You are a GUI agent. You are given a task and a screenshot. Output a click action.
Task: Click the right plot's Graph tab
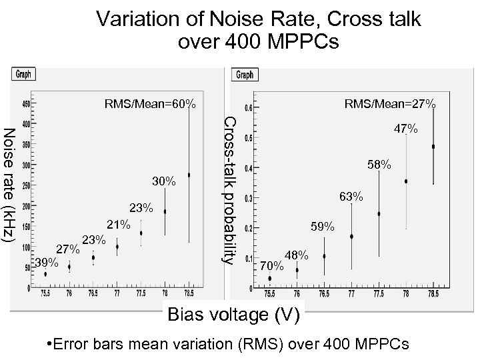[245, 75]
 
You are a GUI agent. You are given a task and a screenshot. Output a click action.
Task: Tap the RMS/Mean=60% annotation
[150, 104]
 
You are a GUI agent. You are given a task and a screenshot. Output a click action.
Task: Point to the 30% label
[164, 181]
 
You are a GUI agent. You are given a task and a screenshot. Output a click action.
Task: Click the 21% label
[119, 225]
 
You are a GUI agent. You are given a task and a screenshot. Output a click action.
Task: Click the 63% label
[351, 197]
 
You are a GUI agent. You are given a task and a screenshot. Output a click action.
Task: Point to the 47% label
[405, 128]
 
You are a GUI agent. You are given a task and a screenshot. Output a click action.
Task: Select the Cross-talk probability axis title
[228, 189]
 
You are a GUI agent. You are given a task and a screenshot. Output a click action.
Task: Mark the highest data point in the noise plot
[189, 175]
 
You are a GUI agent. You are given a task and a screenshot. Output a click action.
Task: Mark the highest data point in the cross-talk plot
[433, 146]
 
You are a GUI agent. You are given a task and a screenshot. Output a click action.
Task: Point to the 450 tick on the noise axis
[26, 105]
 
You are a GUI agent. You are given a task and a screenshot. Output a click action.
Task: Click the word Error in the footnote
[76, 344]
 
